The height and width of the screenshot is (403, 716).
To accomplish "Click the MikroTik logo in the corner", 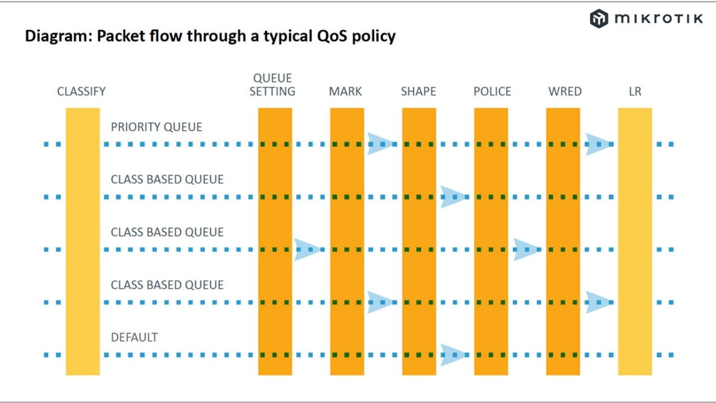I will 646,18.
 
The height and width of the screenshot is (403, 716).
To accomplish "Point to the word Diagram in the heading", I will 58,36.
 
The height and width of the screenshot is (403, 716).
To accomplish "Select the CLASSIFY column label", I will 81,91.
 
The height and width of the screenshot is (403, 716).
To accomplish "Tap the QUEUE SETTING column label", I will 272,85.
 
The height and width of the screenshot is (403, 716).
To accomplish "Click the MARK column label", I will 345,91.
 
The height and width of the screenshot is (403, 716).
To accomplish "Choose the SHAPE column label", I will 418,91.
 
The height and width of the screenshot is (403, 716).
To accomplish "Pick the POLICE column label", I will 492,91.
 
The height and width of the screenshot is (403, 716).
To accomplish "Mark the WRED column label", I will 565,91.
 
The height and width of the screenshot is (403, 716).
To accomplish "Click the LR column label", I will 635,91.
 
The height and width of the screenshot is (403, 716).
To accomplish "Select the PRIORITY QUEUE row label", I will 157,127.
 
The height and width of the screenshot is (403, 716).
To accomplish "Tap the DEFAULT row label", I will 134,338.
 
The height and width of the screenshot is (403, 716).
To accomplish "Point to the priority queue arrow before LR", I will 598,144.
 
